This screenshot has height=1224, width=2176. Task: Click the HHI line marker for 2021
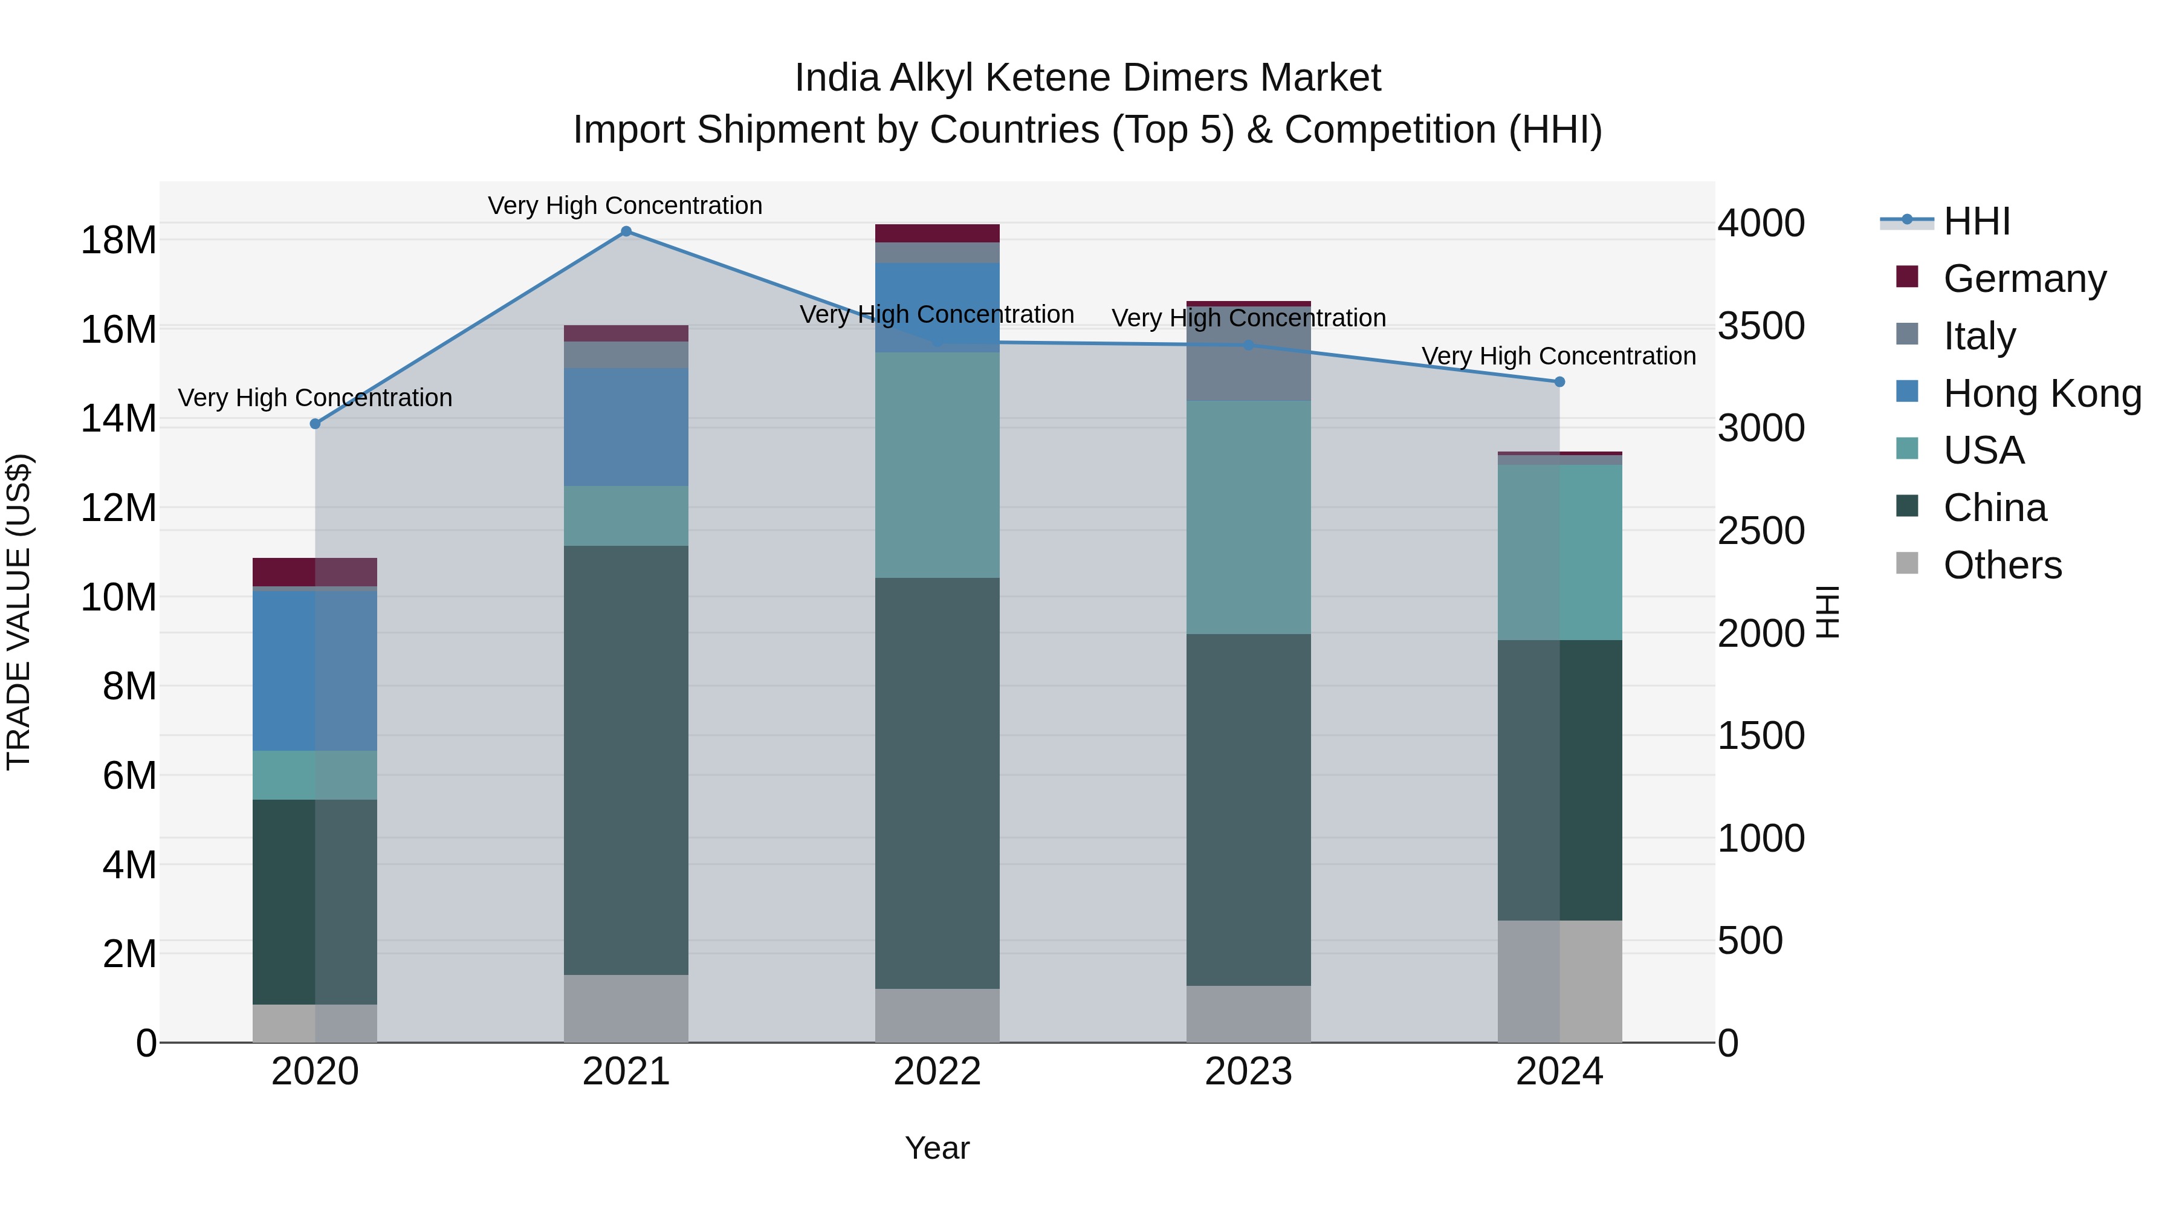[x=626, y=232]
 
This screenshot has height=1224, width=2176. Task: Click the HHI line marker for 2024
[x=1559, y=382]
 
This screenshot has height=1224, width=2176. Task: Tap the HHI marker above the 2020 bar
[x=315, y=424]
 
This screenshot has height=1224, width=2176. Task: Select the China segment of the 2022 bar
[x=937, y=782]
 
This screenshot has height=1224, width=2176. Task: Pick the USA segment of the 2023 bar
[x=1249, y=517]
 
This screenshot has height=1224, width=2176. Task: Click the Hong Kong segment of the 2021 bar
[x=626, y=427]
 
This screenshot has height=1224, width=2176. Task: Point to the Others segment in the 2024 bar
[x=1559, y=981]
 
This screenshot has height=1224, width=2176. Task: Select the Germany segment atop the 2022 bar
[x=937, y=233]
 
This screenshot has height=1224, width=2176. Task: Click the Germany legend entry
[x=2024, y=279]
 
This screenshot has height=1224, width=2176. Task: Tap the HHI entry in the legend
[x=1976, y=221]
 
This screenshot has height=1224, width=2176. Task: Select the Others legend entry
[x=2002, y=565]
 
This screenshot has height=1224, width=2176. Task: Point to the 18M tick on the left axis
[x=118, y=241]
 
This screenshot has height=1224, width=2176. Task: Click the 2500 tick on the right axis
[x=1761, y=531]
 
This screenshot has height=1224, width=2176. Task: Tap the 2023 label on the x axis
[x=1249, y=1072]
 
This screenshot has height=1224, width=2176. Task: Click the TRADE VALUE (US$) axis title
[x=19, y=612]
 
